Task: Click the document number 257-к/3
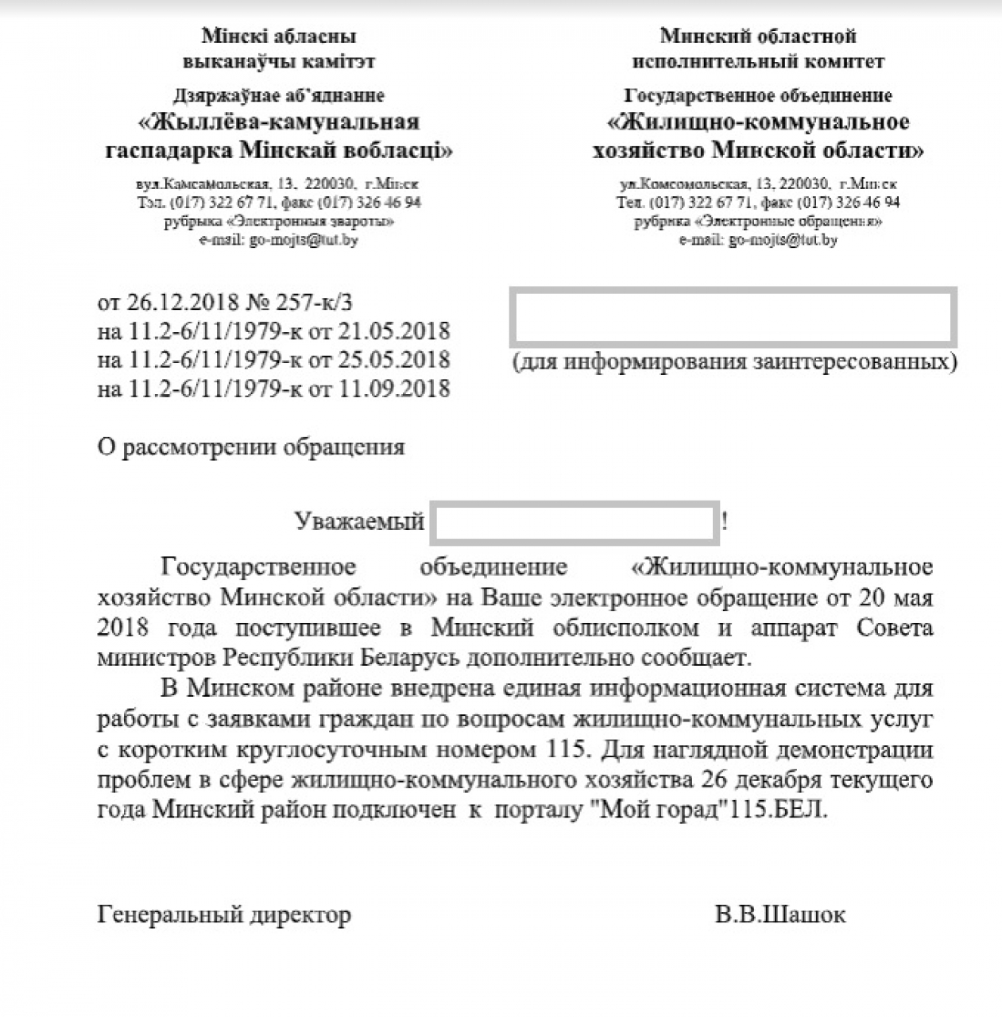(x=313, y=302)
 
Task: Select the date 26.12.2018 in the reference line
(x=182, y=302)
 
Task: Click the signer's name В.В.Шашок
(x=780, y=915)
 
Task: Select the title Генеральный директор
(x=224, y=915)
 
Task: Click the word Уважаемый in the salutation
(x=359, y=521)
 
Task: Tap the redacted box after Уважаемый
(x=575, y=522)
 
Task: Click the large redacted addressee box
(x=734, y=318)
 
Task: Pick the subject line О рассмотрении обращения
(x=251, y=447)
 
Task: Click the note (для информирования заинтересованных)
(x=734, y=362)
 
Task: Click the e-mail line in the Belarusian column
(x=278, y=239)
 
